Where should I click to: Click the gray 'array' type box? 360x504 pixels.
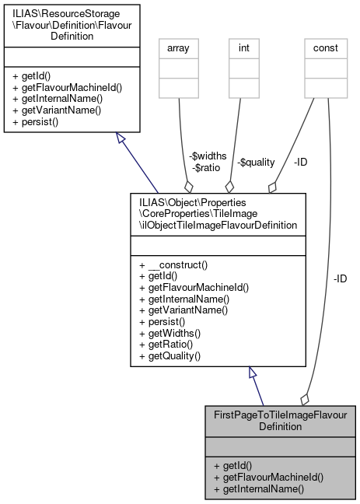(179, 47)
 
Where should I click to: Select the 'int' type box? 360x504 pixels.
(243, 47)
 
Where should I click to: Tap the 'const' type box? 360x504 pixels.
(325, 47)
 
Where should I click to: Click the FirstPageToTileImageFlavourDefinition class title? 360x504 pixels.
(280, 421)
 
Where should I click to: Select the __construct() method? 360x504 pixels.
(172, 264)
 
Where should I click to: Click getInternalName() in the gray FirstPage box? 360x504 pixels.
(257, 489)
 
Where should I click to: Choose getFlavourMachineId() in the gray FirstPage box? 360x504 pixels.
(269, 478)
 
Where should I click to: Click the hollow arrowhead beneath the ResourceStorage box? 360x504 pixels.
(121, 138)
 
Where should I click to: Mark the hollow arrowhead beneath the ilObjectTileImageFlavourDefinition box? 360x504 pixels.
(252, 373)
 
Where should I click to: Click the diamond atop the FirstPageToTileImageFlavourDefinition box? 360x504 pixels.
(304, 399)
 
